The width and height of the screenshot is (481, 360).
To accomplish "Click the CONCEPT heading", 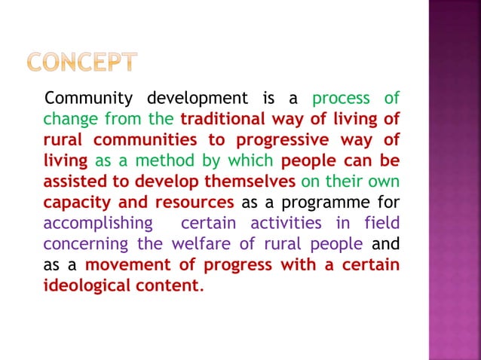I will click(83, 63).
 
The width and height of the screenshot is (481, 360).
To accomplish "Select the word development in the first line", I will click(197, 99).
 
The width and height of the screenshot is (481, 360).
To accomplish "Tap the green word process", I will click(341, 99).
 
